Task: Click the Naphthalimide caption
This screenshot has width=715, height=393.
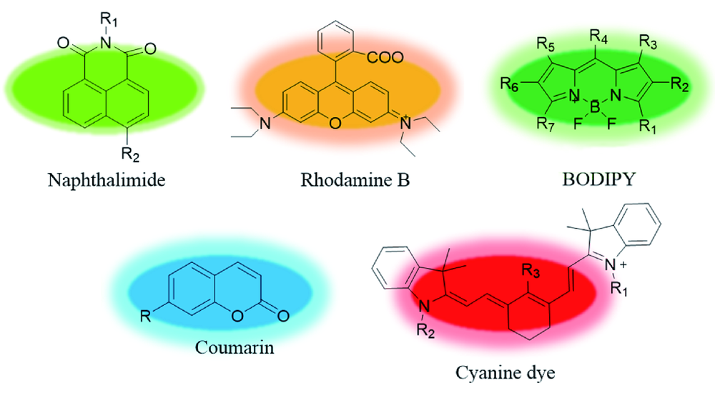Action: [x=107, y=180]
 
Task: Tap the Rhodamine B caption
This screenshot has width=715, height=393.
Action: [x=355, y=180]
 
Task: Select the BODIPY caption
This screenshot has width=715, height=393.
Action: [x=598, y=179]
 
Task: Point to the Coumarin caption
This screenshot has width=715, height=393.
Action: [x=235, y=347]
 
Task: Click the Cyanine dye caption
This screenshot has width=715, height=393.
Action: [x=506, y=374]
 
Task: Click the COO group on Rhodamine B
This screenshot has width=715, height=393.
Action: [x=385, y=57]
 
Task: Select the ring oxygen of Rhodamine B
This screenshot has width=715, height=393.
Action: [x=335, y=123]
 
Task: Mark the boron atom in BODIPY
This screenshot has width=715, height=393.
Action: [x=595, y=109]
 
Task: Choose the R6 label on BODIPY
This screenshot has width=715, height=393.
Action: [x=509, y=84]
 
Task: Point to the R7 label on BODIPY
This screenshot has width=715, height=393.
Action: [x=546, y=124]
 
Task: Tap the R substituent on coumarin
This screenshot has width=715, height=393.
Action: [x=145, y=316]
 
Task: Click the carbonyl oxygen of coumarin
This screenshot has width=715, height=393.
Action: [x=283, y=316]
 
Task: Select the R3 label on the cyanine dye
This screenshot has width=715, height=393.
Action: [x=531, y=271]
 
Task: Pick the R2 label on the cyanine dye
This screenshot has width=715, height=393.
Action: [x=425, y=330]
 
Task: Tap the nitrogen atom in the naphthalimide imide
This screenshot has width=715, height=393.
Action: [x=107, y=43]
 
